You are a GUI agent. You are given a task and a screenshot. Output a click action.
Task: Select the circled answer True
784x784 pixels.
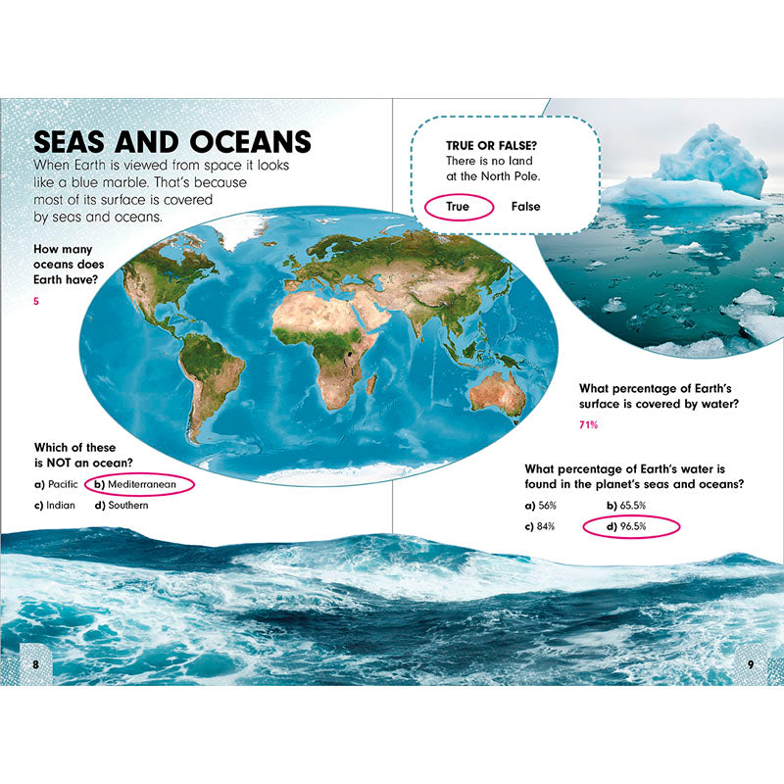tap(458, 207)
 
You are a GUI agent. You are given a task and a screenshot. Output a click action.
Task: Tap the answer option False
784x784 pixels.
tap(525, 207)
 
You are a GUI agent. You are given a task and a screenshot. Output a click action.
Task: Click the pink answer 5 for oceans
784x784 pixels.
tap(36, 301)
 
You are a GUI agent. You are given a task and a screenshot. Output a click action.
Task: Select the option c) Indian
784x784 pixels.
tap(54, 506)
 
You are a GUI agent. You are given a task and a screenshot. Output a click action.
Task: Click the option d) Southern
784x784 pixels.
tap(122, 506)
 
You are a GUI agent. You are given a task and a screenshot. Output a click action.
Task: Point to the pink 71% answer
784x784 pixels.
tap(588, 425)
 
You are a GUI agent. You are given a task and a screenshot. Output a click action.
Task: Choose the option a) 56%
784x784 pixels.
tap(541, 506)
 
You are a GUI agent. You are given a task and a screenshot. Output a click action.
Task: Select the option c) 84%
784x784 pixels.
tap(541, 527)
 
